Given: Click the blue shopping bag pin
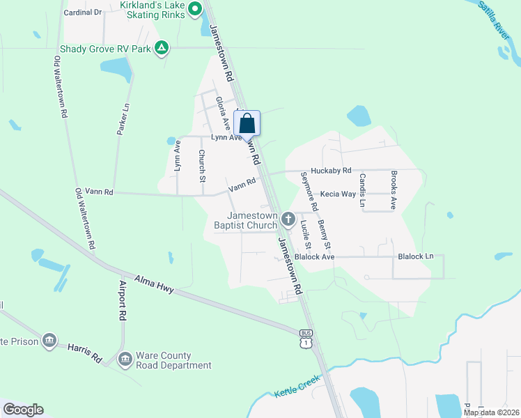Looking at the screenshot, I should tap(248, 124).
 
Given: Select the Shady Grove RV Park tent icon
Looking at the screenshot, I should tap(162, 48).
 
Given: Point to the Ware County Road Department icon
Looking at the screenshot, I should tap(125, 359).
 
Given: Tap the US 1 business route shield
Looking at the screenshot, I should tap(305, 339).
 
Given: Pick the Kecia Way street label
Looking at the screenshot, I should tap(338, 194).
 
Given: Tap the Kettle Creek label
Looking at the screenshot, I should tap(297, 387).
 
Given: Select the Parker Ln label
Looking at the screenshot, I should tap(123, 118).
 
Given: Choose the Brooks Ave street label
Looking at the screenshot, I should tap(393, 190).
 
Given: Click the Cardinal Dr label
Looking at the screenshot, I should tap(82, 13).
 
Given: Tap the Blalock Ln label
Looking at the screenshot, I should tap(415, 256).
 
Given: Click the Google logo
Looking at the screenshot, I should tap(23, 410).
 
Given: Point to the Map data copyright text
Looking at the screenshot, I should tap(490, 412).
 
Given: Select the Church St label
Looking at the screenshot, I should tap(201, 166).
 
